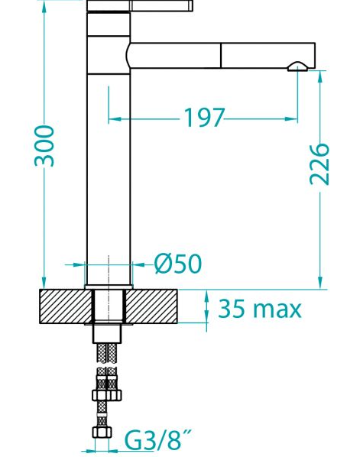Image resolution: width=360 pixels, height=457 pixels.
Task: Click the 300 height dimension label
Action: (x=44, y=146)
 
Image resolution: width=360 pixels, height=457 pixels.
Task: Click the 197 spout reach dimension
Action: (x=204, y=118)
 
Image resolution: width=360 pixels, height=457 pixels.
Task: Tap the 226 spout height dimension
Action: (x=319, y=164)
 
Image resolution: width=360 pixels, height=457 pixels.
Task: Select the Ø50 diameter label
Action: (x=178, y=264)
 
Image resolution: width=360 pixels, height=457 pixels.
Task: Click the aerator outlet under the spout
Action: (x=297, y=66)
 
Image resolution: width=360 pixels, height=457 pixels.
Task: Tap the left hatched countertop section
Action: (x=66, y=306)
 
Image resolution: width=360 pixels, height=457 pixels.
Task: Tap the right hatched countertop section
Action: (x=151, y=306)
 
